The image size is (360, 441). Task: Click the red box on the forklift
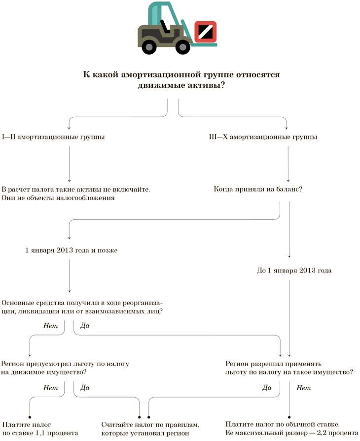tap(205, 32)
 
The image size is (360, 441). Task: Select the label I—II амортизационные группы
tap(53, 136)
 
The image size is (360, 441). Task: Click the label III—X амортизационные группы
tap(263, 136)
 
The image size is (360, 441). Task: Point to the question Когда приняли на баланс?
tap(258, 189)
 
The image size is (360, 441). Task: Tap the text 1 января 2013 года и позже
tap(71, 250)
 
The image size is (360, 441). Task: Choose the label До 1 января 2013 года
tap(294, 271)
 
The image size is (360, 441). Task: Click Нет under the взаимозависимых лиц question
tap(50, 326)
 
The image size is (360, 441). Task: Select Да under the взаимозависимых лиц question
tap(85, 326)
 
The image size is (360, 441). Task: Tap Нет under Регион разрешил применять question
tap(303, 388)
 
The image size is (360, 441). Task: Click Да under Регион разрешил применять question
tap(267, 388)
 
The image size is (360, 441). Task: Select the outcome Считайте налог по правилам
tap(150, 424)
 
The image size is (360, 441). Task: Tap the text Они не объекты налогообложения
tap(58, 198)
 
